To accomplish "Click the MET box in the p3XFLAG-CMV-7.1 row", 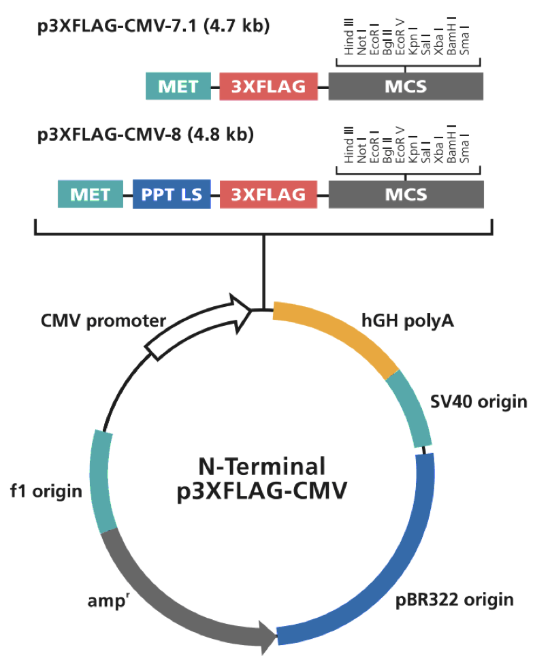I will (x=178, y=87).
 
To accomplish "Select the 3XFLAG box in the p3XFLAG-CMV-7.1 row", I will (x=268, y=87).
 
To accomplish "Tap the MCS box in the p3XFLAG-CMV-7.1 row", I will (x=406, y=87).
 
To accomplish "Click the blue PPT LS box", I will (x=172, y=195).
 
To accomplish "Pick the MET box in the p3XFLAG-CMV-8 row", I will (x=91, y=195).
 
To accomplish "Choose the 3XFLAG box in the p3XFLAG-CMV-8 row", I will (x=268, y=195).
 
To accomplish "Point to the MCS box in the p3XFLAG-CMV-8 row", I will (x=406, y=195).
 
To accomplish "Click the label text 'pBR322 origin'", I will (x=455, y=599).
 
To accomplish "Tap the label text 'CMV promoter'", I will (x=103, y=320).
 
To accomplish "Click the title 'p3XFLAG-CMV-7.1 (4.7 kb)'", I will (x=154, y=27).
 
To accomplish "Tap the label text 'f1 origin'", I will (x=46, y=491).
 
